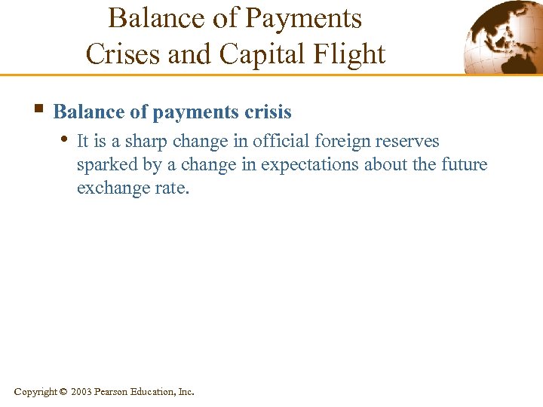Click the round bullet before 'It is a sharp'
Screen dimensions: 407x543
pyautogui.click(x=66, y=139)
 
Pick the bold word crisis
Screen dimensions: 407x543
pyautogui.click(x=267, y=112)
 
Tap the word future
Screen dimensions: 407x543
pyautogui.click(x=465, y=164)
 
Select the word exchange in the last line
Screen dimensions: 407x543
pyautogui.click(x=109, y=188)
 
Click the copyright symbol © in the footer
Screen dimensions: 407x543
pyautogui.click(x=63, y=392)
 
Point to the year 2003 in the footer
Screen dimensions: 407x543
pyautogui.click(x=82, y=392)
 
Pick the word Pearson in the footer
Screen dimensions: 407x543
pyautogui.click(x=112, y=392)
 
